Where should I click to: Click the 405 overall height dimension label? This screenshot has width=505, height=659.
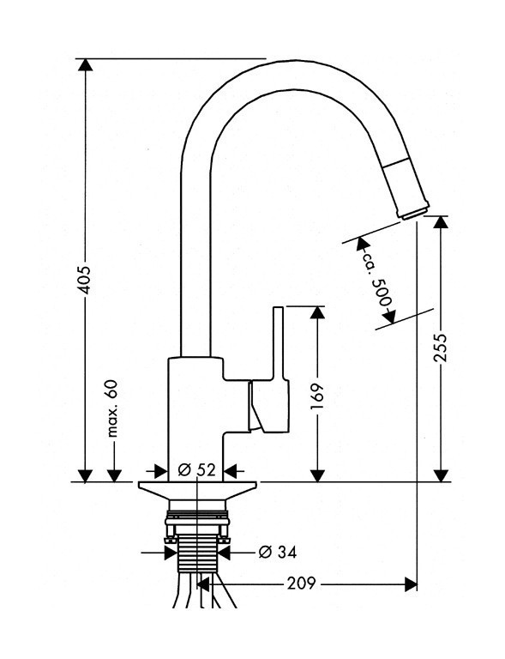pos(84,275)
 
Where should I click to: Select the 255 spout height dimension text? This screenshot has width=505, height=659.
pos(440,348)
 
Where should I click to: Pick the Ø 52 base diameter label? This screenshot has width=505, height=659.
pos(196,470)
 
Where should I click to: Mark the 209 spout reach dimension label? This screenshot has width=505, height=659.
pos(300,585)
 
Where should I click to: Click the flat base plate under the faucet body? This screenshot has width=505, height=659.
pos(197,488)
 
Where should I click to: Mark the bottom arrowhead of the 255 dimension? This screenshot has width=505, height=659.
pos(440,475)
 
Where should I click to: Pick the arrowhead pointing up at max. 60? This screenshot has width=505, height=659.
pos(111,475)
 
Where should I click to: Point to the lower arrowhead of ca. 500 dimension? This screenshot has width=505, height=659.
pos(388,317)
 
